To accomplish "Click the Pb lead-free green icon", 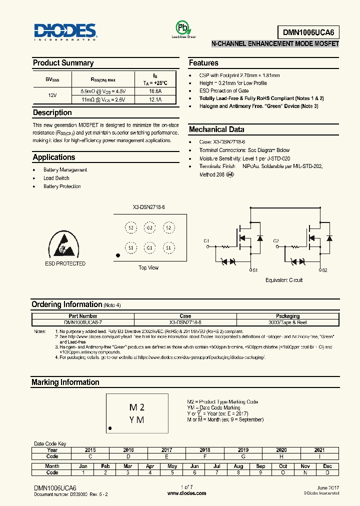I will pyautogui.click(x=183, y=27).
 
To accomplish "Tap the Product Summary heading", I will pyautogui.click(x=63, y=63).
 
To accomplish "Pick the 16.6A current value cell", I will pyautogui.click(x=155, y=91).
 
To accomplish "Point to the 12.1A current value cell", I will pyautogui.click(x=155, y=100).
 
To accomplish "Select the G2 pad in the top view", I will pyautogui.click(x=149, y=228).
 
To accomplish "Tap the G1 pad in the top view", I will pyautogui.click(x=149, y=248).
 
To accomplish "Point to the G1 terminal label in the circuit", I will pyautogui.click(x=206, y=241).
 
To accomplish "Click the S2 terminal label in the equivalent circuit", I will pyautogui.click(x=324, y=270).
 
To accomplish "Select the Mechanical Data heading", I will pyautogui.click(x=216, y=129).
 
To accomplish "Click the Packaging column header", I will pyautogui.click(x=288, y=316).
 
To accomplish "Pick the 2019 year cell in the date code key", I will pyautogui.click(x=243, y=450).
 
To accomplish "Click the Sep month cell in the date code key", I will pyautogui.click(x=260, y=466).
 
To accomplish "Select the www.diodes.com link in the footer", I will pyautogui.click(x=186, y=493).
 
